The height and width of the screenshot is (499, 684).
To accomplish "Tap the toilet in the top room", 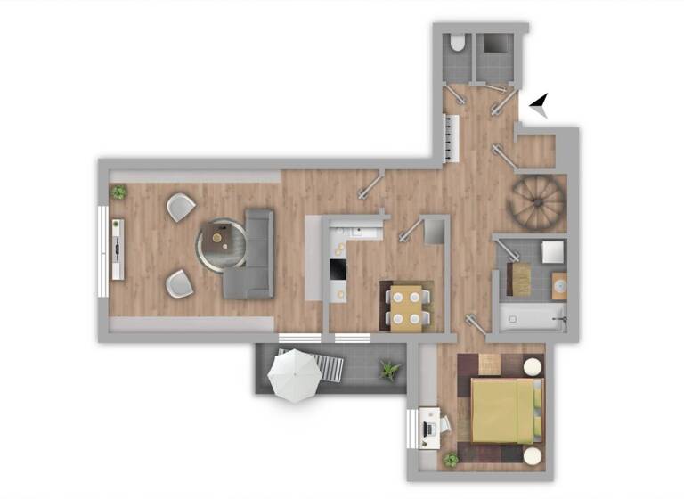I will [457, 44].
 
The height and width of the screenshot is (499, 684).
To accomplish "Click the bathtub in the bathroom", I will [531, 316].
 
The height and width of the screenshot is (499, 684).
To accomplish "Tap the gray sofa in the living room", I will [253, 254].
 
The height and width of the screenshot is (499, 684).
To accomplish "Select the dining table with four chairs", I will [408, 306].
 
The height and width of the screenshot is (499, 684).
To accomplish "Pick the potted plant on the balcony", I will [389, 369].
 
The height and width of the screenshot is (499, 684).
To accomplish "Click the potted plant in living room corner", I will [118, 192].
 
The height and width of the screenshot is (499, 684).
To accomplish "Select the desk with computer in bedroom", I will [430, 429].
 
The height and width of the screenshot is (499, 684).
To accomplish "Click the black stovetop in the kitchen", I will [338, 268].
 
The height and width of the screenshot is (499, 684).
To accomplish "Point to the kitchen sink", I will [360, 231].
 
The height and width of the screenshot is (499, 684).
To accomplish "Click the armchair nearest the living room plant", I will [180, 207].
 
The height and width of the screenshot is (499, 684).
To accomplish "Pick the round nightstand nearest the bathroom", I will [533, 366].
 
